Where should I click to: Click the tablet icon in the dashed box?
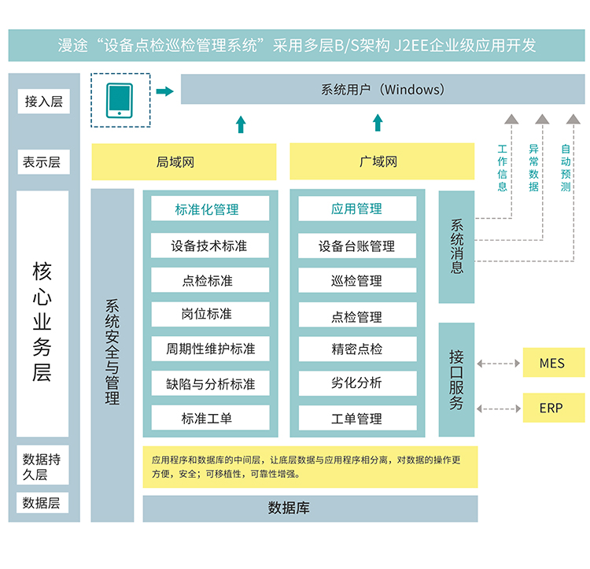click(x=120, y=99)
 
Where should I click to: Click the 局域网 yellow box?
click(x=183, y=162)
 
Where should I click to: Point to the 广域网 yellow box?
click(x=382, y=162)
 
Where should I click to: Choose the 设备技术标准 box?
click(x=209, y=246)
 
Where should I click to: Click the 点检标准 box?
click(x=209, y=280)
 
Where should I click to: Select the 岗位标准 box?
click(x=209, y=314)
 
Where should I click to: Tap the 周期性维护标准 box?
click(x=209, y=349)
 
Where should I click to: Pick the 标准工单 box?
click(x=209, y=419)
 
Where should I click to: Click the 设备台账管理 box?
click(x=356, y=246)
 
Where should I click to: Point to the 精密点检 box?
click(x=356, y=349)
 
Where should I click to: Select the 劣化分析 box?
click(x=356, y=383)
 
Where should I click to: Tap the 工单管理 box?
click(x=356, y=419)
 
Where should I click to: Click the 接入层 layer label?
click(x=43, y=102)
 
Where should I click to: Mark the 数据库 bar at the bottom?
click(x=310, y=508)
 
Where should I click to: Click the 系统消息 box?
click(x=456, y=246)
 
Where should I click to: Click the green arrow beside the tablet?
click(x=164, y=91)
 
